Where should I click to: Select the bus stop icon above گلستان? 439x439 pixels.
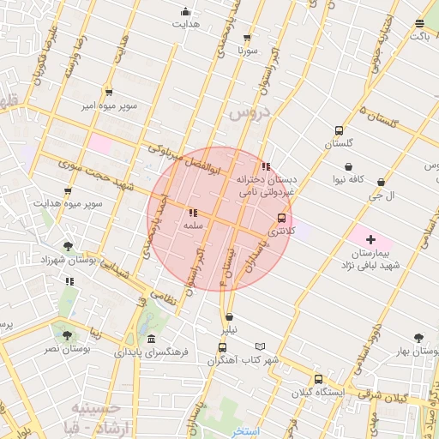[339, 131]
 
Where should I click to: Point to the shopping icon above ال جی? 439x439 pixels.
[380, 183]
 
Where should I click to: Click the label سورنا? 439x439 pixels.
[248, 51]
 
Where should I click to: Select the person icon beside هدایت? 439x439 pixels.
[186, 12]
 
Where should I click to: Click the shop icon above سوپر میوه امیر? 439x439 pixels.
[109, 92]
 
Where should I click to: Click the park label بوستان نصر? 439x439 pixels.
[64, 350]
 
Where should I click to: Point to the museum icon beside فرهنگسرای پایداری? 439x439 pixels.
[151, 340]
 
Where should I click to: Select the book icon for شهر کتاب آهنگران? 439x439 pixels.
[261, 347]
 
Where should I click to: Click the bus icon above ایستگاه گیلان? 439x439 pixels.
[318, 379]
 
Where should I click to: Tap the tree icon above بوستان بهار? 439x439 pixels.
[418, 338]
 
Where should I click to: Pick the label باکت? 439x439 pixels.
[419, 37]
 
